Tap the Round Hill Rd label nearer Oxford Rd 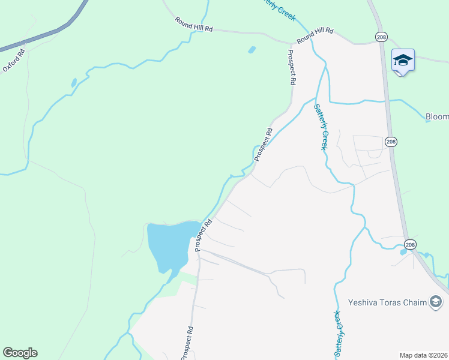(194, 25)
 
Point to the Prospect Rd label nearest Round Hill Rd (292, 67)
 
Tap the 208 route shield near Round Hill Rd (381, 37)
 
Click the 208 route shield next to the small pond (409, 244)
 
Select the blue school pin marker (403, 61)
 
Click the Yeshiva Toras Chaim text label (387, 302)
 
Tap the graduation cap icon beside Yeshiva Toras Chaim (436, 302)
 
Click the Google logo (20, 353)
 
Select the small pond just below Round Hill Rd (252, 49)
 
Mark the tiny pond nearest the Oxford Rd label (74, 83)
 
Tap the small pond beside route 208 (403, 252)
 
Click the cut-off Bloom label (437, 116)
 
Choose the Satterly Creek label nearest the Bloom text (321, 127)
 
